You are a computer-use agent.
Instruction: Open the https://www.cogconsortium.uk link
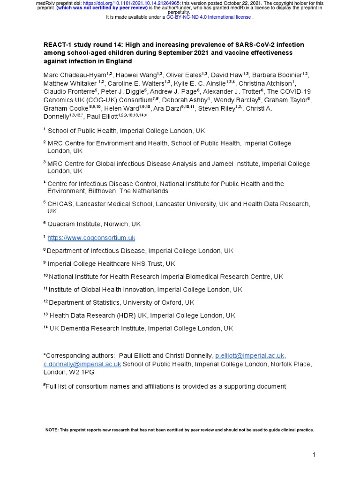point(91,238)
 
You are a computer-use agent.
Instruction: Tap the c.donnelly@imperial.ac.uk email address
point(82,364)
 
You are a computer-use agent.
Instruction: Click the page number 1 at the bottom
point(315,455)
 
